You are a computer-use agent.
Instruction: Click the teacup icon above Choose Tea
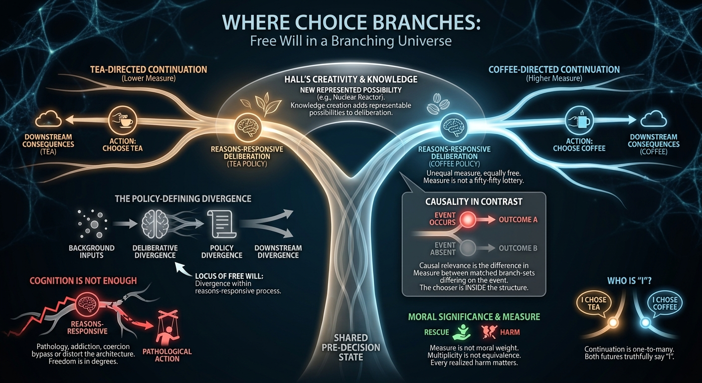click(x=122, y=120)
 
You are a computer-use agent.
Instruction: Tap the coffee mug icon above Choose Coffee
click(x=579, y=121)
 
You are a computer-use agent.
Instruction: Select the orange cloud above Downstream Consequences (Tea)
click(x=48, y=119)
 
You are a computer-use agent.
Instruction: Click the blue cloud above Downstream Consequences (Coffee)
click(x=654, y=119)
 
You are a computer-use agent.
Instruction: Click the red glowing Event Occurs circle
click(x=468, y=219)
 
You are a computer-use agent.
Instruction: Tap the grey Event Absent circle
click(x=468, y=248)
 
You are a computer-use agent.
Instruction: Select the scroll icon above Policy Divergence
click(x=221, y=224)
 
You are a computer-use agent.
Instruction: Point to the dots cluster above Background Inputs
click(x=93, y=224)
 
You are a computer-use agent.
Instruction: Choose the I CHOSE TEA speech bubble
click(x=594, y=304)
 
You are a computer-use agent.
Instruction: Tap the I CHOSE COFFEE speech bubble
click(x=665, y=304)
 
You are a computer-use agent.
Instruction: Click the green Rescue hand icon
click(x=462, y=332)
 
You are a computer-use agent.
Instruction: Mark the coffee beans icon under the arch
click(x=438, y=103)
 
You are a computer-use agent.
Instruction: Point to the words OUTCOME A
click(x=518, y=220)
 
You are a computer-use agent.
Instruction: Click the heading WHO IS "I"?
click(x=630, y=280)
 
